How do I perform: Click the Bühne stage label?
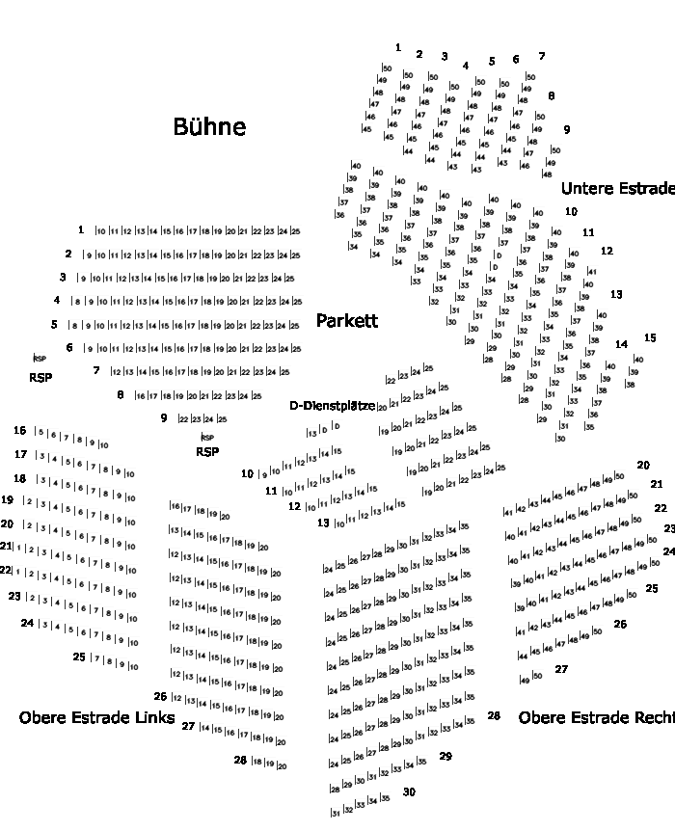pos(209,126)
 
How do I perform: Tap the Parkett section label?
pos(347,321)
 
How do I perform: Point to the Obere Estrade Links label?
pos(96,717)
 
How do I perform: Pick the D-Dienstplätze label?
pos(333,406)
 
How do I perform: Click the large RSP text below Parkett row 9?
pos(207,451)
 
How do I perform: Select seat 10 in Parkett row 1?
pos(101,231)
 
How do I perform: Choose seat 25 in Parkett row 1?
pos(295,231)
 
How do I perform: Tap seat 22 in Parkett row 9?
pos(183,419)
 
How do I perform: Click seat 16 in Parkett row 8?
pos(141,396)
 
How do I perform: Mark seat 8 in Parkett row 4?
pos(78,302)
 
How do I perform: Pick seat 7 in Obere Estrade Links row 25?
pos(96,660)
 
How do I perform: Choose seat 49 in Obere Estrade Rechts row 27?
pos(526,679)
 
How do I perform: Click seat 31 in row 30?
pos(336,813)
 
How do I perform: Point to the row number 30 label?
pos(409,791)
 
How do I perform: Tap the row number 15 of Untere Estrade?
pos(650,338)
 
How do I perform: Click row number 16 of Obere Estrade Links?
pos(20,430)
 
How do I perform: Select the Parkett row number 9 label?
pos(164,417)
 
